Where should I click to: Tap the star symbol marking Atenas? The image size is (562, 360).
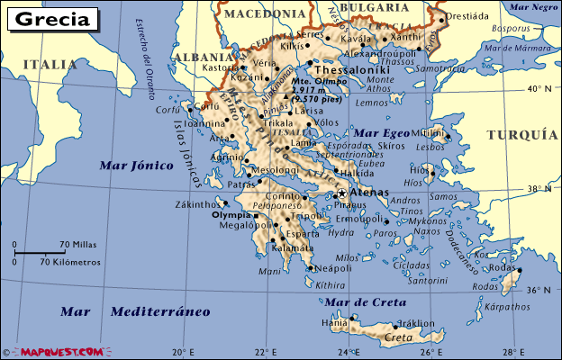[342, 193]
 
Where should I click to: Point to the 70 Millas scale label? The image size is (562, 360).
[79, 245]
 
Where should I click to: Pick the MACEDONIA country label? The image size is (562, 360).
[265, 13]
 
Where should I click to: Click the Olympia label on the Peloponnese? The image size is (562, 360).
[231, 215]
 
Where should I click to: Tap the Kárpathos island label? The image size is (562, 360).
[505, 307]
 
